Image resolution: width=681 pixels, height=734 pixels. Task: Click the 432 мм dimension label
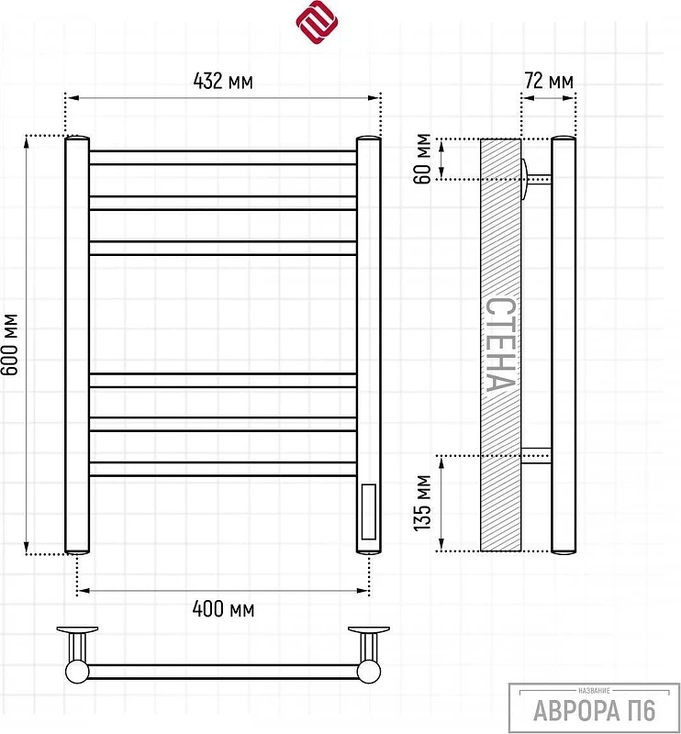tap(223, 81)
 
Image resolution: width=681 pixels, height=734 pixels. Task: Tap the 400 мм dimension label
tap(223, 609)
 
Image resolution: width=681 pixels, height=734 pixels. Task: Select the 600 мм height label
tap(10, 344)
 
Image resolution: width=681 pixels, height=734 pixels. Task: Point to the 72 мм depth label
tap(549, 81)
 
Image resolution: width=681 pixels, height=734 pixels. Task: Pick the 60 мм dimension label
tap(422, 159)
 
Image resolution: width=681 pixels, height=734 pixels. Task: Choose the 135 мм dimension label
tap(422, 503)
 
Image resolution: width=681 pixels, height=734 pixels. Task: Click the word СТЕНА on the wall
tap(500, 345)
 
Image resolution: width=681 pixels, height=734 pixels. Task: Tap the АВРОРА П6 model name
tap(595, 710)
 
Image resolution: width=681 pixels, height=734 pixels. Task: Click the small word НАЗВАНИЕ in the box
tap(595, 691)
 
